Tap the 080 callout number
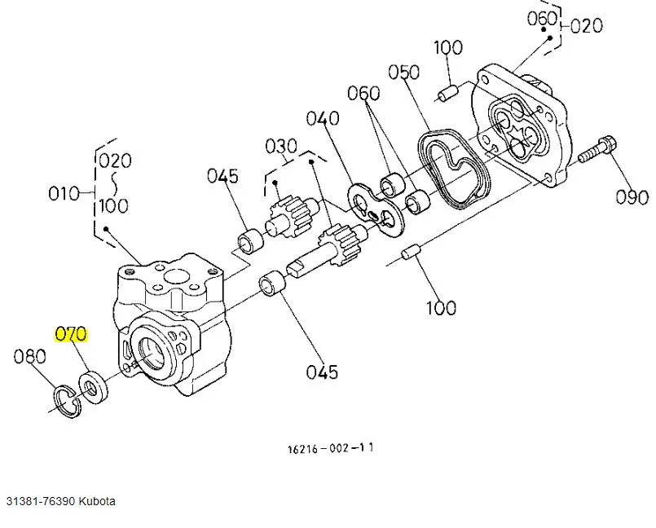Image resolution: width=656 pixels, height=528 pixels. click(x=29, y=356)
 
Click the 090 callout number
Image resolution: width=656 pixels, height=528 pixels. click(x=632, y=197)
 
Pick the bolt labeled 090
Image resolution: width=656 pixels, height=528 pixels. click(x=597, y=148)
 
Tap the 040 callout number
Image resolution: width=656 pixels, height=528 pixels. click(x=323, y=119)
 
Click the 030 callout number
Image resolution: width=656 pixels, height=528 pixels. click(x=280, y=146)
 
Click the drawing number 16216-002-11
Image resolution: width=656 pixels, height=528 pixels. click(x=331, y=448)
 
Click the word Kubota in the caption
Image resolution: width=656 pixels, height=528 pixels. click(x=97, y=500)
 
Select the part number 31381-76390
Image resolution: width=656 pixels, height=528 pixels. click(x=42, y=500)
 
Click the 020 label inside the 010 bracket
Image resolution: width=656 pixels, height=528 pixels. click(x=114, y=160)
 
